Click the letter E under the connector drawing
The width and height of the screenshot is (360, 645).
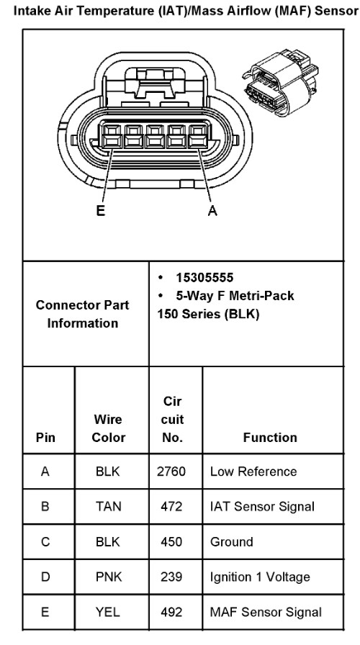tap(101, 211)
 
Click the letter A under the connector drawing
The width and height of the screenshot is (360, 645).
tap(212, 211)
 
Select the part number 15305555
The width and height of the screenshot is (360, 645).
tap(204, 278)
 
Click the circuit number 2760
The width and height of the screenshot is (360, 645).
tap(171, 472)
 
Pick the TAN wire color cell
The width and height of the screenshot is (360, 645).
tap(108, 506)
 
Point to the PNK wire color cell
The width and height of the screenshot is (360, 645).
tap(109, 577)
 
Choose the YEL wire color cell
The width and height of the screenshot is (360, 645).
tap(108, 612)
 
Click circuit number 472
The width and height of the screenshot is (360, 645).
tap(171, 506)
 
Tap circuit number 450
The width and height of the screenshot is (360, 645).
tap(171, 542)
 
